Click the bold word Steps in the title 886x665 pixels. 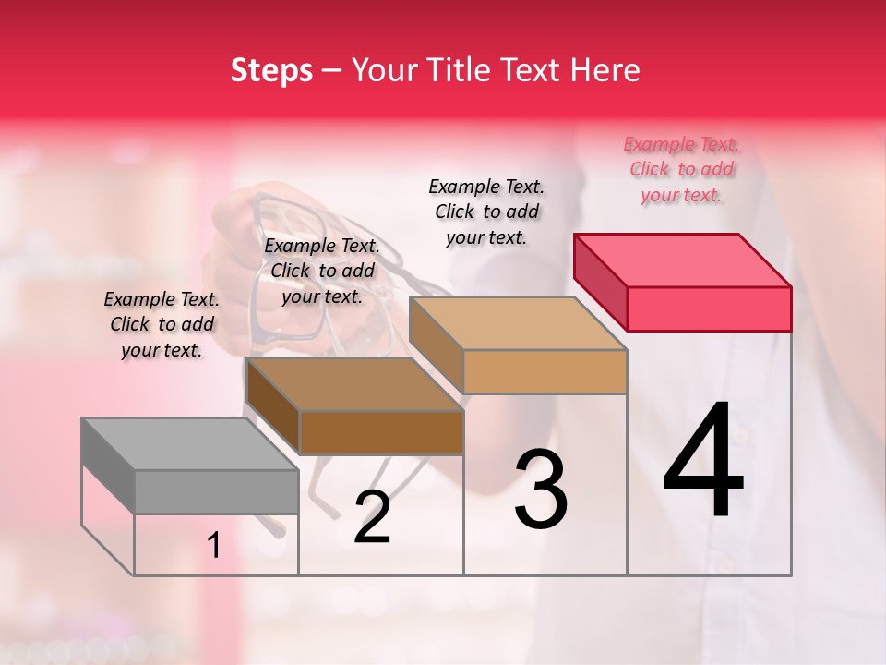click(271, 70)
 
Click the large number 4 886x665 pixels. click(703, 462)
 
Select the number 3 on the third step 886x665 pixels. click(541, 489)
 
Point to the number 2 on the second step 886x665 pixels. click(372, 517)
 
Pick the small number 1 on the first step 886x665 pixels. click(214, 546)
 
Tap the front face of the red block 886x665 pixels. click(709, 308)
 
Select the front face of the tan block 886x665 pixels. click(545, 371)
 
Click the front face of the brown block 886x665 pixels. click(381, 432)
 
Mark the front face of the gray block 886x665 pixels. click(216, 491)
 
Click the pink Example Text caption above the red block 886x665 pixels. click(681, 170)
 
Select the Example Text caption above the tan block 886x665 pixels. click(486, 212)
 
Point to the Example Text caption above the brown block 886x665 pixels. click(322, 272)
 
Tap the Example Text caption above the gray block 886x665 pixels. click(162, 325)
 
